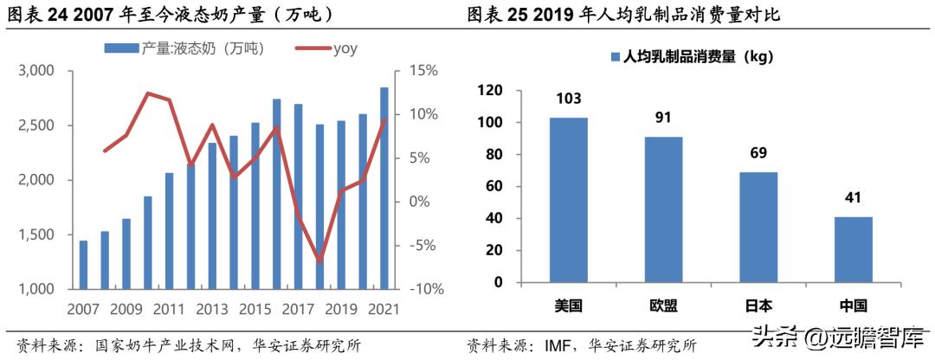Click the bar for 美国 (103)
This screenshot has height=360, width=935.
coord(568,200)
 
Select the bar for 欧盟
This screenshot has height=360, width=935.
coord(663,209)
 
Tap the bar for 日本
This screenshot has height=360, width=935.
coord(758,227)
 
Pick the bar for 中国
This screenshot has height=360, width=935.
coord(853,249)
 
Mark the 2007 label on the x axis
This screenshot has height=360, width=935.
coord(83,309)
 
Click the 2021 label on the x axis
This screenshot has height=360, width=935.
coord(384,309)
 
